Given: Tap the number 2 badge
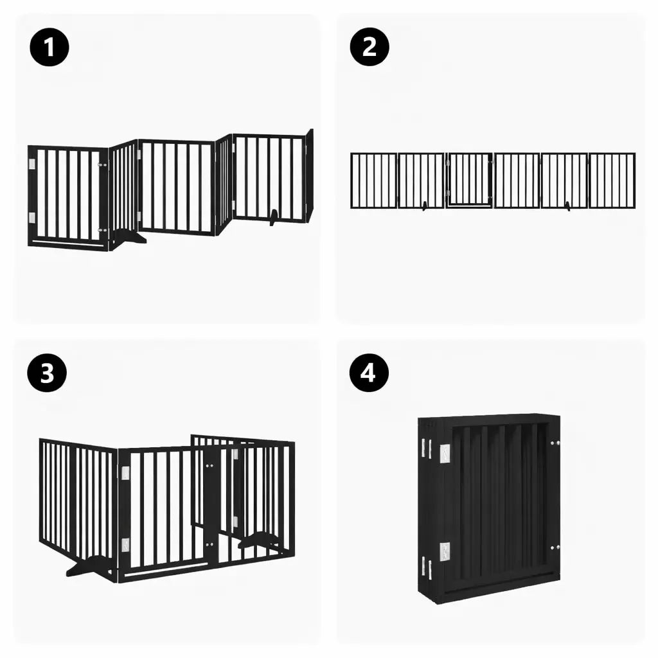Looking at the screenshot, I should click(x=369, y=47).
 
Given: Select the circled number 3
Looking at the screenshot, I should click(x=48, y=373).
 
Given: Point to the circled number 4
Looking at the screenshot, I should click(x=368, y=373).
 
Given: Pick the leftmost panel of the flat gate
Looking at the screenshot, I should click(x=373, y=181).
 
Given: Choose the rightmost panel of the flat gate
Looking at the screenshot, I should click(x=612, y=181).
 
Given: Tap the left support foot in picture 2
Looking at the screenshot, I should click(x=425, y=206).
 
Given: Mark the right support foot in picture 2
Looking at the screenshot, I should click(x=567, y=206).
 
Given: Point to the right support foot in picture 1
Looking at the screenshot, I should click(x=274, y=217).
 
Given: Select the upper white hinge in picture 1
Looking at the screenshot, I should click(x=32, y=165).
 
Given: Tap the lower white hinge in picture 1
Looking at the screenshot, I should click(x=32, y=217).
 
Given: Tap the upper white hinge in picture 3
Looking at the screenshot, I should click(x=125, y=474).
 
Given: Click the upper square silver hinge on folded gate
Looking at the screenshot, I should click(x=445, y=453).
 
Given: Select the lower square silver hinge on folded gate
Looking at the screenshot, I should click(x=445, y=551).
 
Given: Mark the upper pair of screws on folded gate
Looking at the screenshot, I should click(x=556, y=443).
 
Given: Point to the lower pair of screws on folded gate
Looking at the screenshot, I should click(x=556, y=548).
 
